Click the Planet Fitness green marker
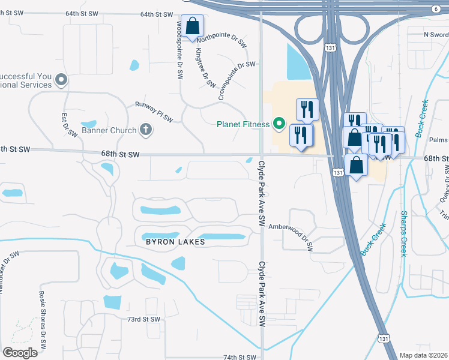[x=279, y=124]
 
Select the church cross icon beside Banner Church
[x=145, y=128]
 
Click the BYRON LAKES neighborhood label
[x=175, y=242]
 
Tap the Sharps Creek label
[x=404, y=233]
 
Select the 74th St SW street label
[x=240, y=356]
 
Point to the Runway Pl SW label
[x=153, y=112]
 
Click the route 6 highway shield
[x=435, y=8]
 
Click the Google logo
[x=20, y=353]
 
